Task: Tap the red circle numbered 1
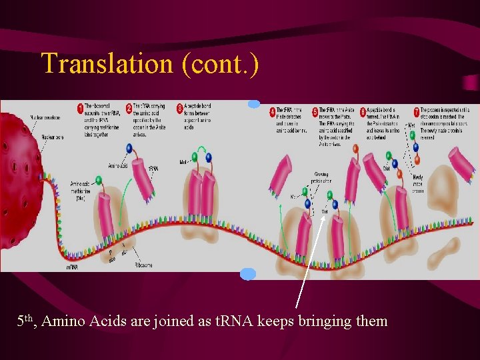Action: [80, 109]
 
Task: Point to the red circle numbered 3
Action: [180, 109]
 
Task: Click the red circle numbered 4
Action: [273, 110]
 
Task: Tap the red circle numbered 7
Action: [417, 110]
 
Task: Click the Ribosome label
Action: [143, 265]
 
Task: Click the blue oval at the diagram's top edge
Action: [253, 103]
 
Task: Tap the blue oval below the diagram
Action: [247, 273]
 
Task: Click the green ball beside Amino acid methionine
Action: [99, 179]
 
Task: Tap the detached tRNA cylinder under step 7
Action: [461, 162]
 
